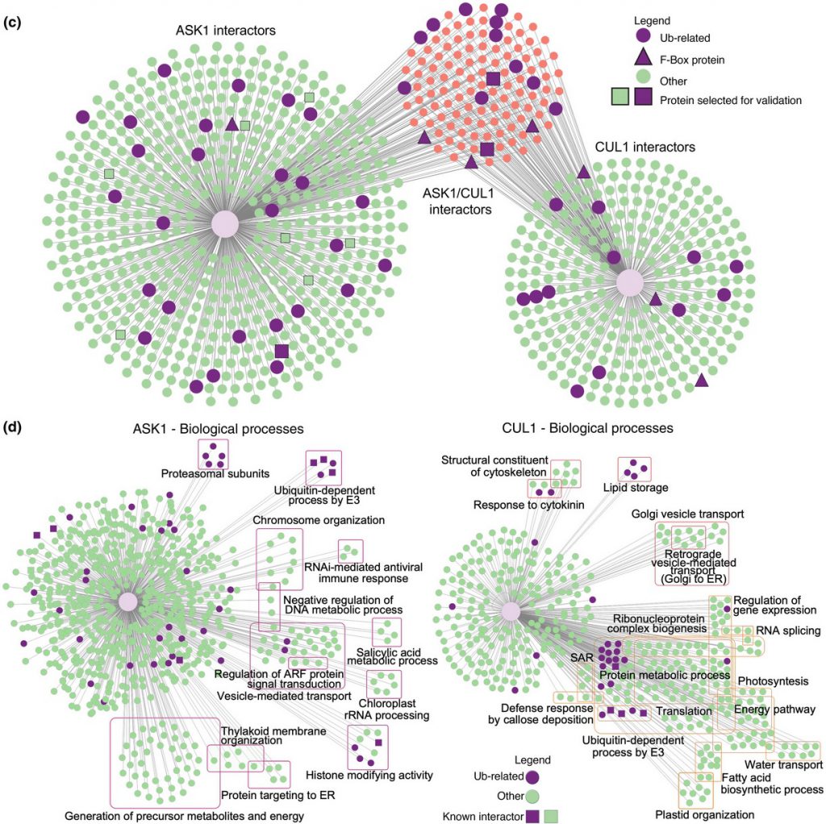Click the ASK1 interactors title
(x=226, y=31)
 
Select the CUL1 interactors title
(x=645, y=147)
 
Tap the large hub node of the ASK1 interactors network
(x=225, y=224)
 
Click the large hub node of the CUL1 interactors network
(x=630, y=283)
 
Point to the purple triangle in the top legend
(x=643, y=57)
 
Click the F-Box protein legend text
(x=692, y=60)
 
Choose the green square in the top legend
(x=620, y=97)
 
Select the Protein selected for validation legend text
(x=731, y=100)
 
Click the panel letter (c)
(x=12, y=23)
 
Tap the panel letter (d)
(x=12, y=427)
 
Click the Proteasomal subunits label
(x=215, y=474)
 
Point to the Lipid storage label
(x=636, y=488)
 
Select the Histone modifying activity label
(x=369, y=775)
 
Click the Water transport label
(x=783, y=764)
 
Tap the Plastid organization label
(x=704, y=815)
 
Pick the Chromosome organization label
(x=319, y=520)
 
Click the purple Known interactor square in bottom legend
(x=532, y=816)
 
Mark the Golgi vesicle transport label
(x=687, y=514)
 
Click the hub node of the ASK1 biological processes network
(x=127, y=601)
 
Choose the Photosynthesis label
(x=773, y=681)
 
